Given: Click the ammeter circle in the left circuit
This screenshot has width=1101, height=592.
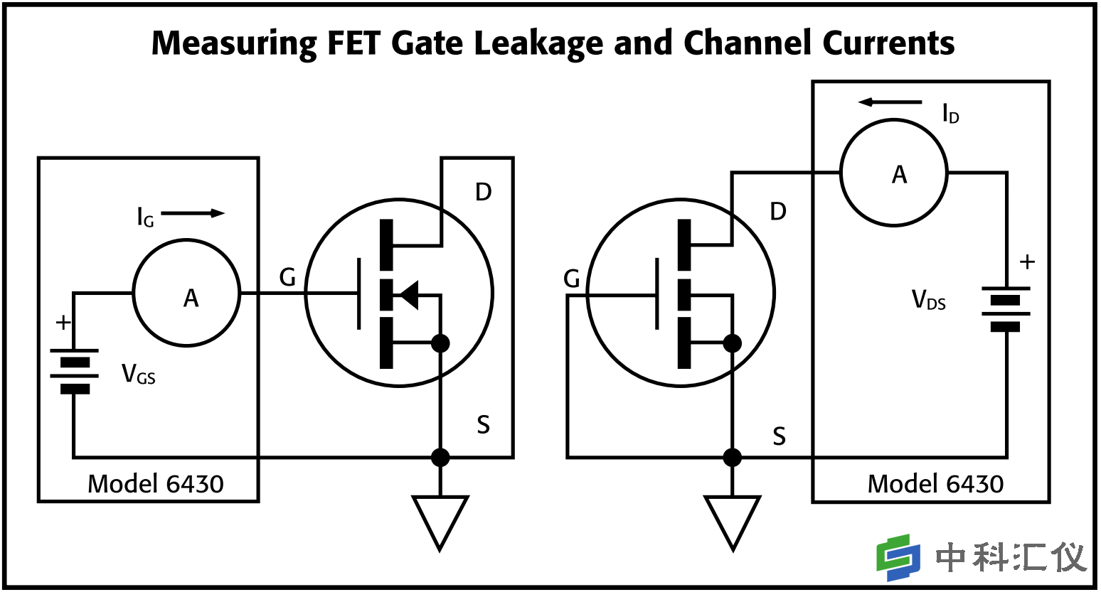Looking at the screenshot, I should tap(186, 293).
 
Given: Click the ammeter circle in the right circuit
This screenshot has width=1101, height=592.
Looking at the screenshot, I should tap(893, 173).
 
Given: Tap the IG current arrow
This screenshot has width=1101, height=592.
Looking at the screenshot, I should tap(193, 213).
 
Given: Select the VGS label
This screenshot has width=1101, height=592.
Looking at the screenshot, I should tap(139, 374).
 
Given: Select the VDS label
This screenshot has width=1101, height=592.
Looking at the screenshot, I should tap(929, 301).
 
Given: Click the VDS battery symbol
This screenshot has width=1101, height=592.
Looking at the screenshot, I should tap(1006, 308).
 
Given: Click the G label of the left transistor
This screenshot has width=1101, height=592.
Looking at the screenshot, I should tap(287, 277).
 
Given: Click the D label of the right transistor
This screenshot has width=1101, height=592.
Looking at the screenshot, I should tap(778, 211).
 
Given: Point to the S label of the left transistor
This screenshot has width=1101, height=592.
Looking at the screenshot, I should tap(484, 425).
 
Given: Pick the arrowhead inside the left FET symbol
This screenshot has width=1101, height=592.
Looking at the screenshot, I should tap(408, 294).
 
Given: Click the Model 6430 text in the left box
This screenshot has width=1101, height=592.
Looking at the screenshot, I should tap(155, 484).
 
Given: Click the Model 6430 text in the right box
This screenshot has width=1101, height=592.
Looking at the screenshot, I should tap(935, 484).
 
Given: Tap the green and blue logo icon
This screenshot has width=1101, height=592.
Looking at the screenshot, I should tap(898, 556).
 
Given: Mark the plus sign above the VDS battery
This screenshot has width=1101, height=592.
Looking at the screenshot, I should tap(1027, 262).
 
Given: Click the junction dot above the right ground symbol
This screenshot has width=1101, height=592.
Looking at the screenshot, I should tap(732, 457).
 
